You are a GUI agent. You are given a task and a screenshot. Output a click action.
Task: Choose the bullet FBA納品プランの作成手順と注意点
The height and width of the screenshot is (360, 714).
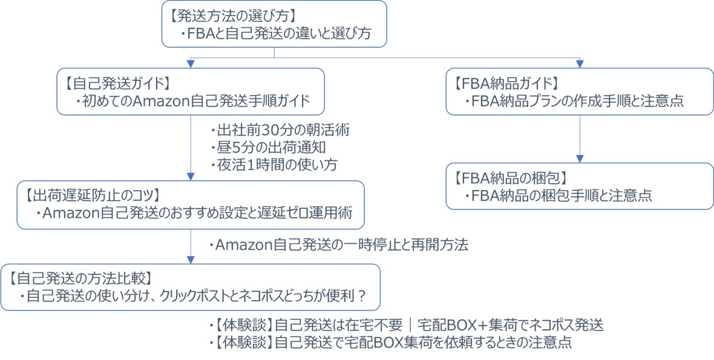coord(575,101)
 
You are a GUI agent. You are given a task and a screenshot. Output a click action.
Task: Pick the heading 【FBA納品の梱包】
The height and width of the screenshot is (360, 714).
coord(510,178)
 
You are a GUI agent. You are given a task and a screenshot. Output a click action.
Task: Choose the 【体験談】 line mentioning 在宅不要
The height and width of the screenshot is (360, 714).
coord(405,325)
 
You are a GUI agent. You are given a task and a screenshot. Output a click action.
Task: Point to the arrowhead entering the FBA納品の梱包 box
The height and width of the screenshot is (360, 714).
coord(580,159)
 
